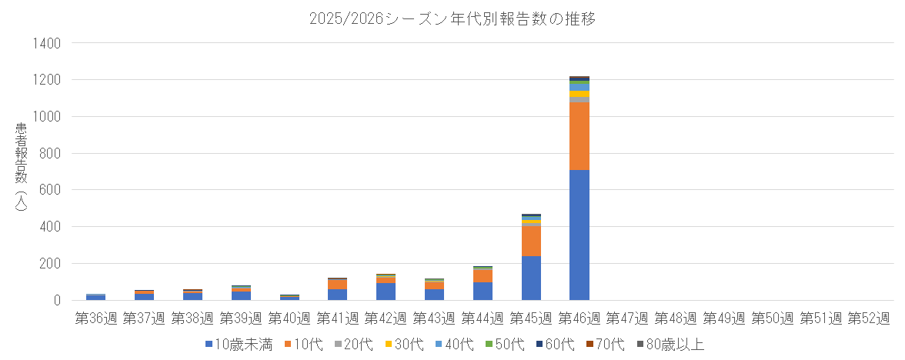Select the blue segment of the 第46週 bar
coord(579,235)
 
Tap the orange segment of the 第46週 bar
coord(579,136)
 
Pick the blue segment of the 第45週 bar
coord(531,278)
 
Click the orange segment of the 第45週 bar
coord(531,241)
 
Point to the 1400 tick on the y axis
coord(45,43)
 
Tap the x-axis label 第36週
coord(95,318)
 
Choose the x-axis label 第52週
coord(869,318)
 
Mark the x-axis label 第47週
coord(627,318)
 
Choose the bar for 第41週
coord(337,289)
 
